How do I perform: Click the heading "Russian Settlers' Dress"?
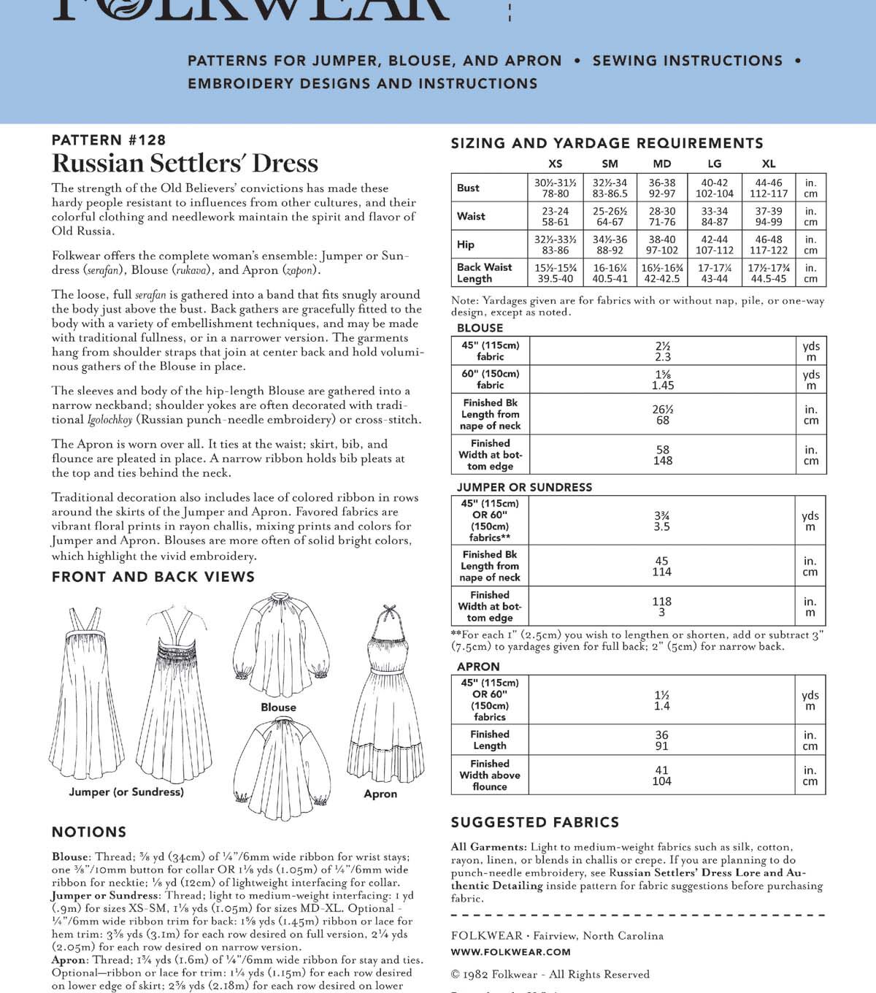coord(185,163)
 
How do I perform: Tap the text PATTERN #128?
coord(109,139)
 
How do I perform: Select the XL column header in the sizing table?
coord(769,164)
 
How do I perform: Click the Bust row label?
coord(468,188)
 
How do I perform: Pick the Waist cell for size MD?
coord(662,216)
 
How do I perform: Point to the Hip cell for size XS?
coord(555,245)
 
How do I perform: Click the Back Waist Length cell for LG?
coord(714,273)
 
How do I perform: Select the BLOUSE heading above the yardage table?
coord(480,328)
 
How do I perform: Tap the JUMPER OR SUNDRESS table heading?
coord(524,487)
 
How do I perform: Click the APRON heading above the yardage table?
coord(478,667)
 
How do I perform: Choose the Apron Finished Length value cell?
coord(661,740)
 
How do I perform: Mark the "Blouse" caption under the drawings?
coord(278,708)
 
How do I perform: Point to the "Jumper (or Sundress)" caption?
coord(126,791)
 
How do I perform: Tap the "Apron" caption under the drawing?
coord(380,794)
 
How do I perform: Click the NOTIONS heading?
coord(89,832)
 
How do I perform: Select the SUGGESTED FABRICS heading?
coord(534,822)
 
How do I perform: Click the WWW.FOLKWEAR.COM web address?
coord(511,952)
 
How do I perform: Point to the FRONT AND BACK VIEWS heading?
coord(153,577)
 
